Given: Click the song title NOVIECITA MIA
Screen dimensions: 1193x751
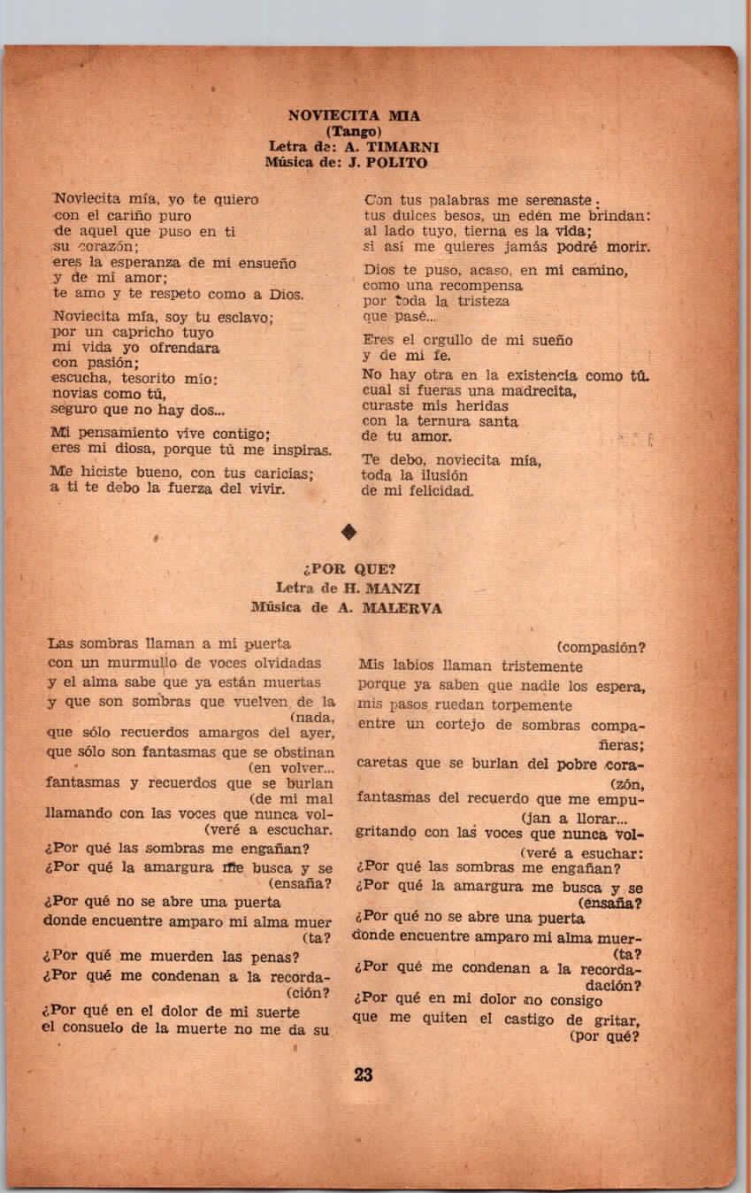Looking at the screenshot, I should (x=354, y=115).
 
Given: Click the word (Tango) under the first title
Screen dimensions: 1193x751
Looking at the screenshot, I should (x=354, y=132).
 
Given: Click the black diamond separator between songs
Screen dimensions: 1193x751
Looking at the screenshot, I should (x=349, y=531).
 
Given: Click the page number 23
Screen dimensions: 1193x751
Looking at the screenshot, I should (x=363, y=1075).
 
